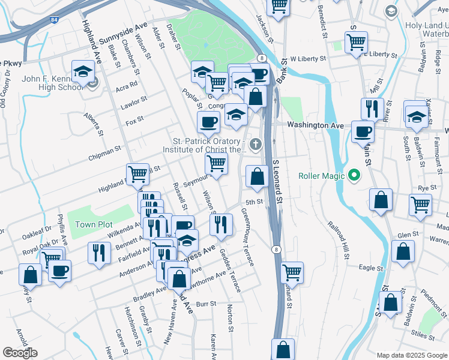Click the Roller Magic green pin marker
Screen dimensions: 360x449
[x=354, y=176]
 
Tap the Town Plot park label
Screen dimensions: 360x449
[x=94, y=224]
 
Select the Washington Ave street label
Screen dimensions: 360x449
[x=315, y=125]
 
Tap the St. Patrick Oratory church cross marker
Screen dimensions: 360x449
[x=256, y=144]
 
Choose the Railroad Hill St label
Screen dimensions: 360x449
[x=338, y=241]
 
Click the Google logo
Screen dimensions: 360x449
[x=20, y=353]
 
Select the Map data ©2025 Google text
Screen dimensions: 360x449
[x=412, y=355]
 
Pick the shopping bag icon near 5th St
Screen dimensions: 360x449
[x=257, y=176]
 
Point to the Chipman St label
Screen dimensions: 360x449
[x=104, y=152]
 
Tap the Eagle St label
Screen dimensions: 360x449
[x=370, y=268]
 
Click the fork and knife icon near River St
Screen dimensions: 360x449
[x=372, y=109]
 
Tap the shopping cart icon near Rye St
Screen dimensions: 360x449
[x=420, y=204]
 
